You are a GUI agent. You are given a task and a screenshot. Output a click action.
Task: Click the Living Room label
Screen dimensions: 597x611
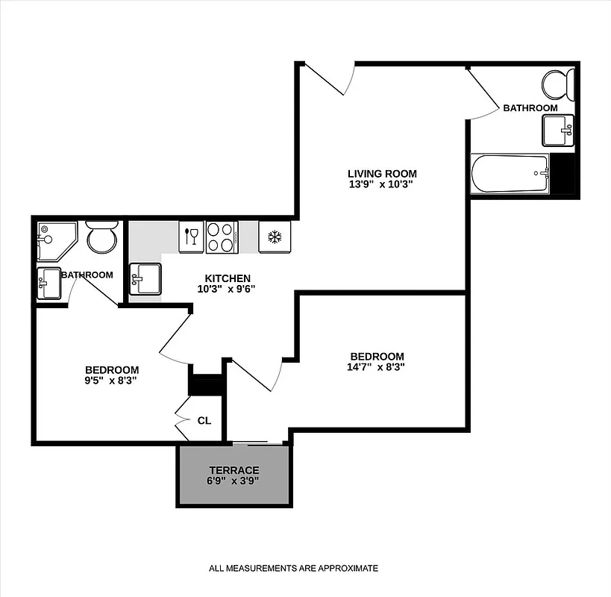click(x=382, y=173)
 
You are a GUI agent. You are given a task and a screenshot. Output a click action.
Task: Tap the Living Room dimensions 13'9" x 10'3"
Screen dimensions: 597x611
click(x=380, y=184)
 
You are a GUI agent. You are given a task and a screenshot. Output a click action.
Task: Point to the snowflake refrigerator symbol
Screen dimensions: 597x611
click(x=274, y=237)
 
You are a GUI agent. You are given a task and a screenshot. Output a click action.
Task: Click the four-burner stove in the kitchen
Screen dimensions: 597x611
click(x=222, y=237)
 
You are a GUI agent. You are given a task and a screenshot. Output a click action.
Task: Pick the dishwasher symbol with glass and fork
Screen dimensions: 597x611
click(x=190, y=237)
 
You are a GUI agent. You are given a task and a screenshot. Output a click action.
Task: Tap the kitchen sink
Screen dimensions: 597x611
click(x=145, y=280)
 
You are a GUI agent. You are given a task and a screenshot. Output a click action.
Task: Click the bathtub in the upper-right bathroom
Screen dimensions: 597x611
click(x=510, y=174)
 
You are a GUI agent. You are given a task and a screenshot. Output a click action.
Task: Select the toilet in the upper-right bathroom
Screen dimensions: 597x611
click(x=558, y=84)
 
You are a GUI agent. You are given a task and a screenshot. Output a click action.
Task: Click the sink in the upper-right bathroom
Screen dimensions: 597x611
click(x=557, y=131)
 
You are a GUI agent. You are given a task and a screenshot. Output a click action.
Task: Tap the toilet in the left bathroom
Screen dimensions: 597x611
click(x=101, y=237)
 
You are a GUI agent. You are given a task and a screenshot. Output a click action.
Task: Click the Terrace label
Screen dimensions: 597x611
click(x=234, y=470)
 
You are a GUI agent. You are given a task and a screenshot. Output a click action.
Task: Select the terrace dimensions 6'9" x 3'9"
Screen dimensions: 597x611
click(x=234, y=481)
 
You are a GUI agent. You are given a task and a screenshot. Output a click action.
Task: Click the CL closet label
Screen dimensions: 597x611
click(x=204, y=421)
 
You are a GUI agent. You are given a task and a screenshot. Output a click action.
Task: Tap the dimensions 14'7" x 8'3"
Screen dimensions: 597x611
click(x=377, y=366)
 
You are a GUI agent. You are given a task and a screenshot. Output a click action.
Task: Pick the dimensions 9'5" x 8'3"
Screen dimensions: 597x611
click(x=111, y=380)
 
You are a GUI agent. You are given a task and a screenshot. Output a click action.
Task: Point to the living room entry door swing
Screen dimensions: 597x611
click(x=328, y=78)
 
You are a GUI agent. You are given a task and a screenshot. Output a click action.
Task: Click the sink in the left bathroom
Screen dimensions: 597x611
click(x=50, y=283)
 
